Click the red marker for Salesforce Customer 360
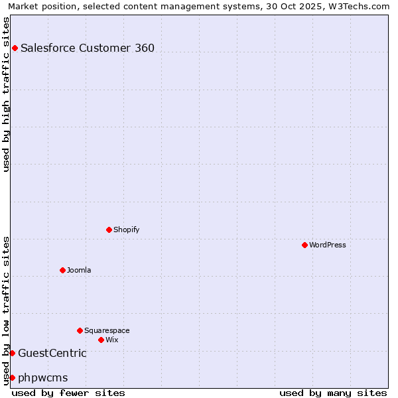pos(15,48)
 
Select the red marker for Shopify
pos(109,230)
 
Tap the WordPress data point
pos(304,245)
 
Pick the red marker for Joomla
pos(62,270)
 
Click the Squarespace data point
pos(80,330)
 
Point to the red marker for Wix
pos(101,340)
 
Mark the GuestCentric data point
pos(12,353)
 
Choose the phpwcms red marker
pos(12,377)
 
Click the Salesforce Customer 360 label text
pos(88,48)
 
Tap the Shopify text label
pos(126,230)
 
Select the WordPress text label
pos(328,245)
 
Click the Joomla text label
pos(79,270)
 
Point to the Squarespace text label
pos(107,330)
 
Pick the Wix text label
pos(112,340)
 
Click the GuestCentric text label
pos(52,353)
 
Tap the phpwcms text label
pos(43,377)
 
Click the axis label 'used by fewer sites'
pos(68,393)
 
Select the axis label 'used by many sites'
pos(333,393)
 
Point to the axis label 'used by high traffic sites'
pos(6,94)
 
